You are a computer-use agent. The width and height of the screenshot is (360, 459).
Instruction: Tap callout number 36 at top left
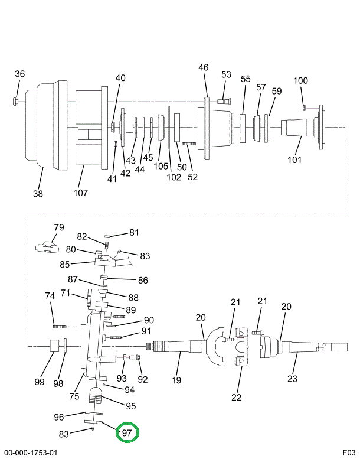[x=20, y=74]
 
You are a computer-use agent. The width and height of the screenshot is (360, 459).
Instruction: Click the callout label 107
[x=80, y=193]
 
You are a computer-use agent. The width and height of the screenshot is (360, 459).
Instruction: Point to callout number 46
[x=203, y=68]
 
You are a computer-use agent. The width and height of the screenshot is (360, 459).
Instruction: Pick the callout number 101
[x=294, y=159]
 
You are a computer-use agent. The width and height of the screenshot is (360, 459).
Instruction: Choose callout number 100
[x=301, y=81]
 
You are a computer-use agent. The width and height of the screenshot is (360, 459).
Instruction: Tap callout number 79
[x=58, y=227]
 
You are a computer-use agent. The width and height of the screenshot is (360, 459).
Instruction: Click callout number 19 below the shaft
[x=176, y=380]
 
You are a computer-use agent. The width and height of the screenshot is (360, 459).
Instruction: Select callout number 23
[x=293, y=378]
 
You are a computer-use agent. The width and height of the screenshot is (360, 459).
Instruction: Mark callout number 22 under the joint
[x=236, y=397]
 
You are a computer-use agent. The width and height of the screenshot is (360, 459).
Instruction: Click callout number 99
[x=39, y=382]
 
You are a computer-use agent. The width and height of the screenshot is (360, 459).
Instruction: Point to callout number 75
[x=74, y=396]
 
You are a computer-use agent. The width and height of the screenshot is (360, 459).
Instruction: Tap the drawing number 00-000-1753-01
[x=30, y=453]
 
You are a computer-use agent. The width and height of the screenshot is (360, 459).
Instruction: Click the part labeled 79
[x=46, y=246]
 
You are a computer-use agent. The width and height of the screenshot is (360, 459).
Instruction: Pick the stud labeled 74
[x=60, y=325]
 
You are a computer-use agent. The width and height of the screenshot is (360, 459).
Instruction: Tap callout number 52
[x=192, y=176]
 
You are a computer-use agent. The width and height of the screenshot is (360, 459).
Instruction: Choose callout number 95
[x=130, y=406]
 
